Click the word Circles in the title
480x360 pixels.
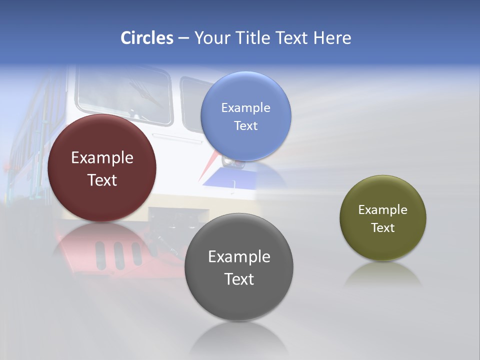click(x=146, y=38)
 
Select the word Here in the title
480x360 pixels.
click(x=332, y=38)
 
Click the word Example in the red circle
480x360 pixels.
click(x=102, y=158)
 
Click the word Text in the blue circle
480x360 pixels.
click(x=245, y=126)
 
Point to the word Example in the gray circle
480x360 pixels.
click(x=239, y=257)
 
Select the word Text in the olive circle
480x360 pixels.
click(x=383, y=228)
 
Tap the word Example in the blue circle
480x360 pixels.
click(x=245, y=108)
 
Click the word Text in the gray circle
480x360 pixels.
click(x=239, y=279)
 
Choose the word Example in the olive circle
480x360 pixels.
click(x=383, y=210)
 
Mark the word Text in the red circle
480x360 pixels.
click(x=102, y=180)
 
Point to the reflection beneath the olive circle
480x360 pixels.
click(x=383, y=275)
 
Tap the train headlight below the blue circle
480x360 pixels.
click(x=231, y=161)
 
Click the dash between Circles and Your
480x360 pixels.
click(x=183, y=38)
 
